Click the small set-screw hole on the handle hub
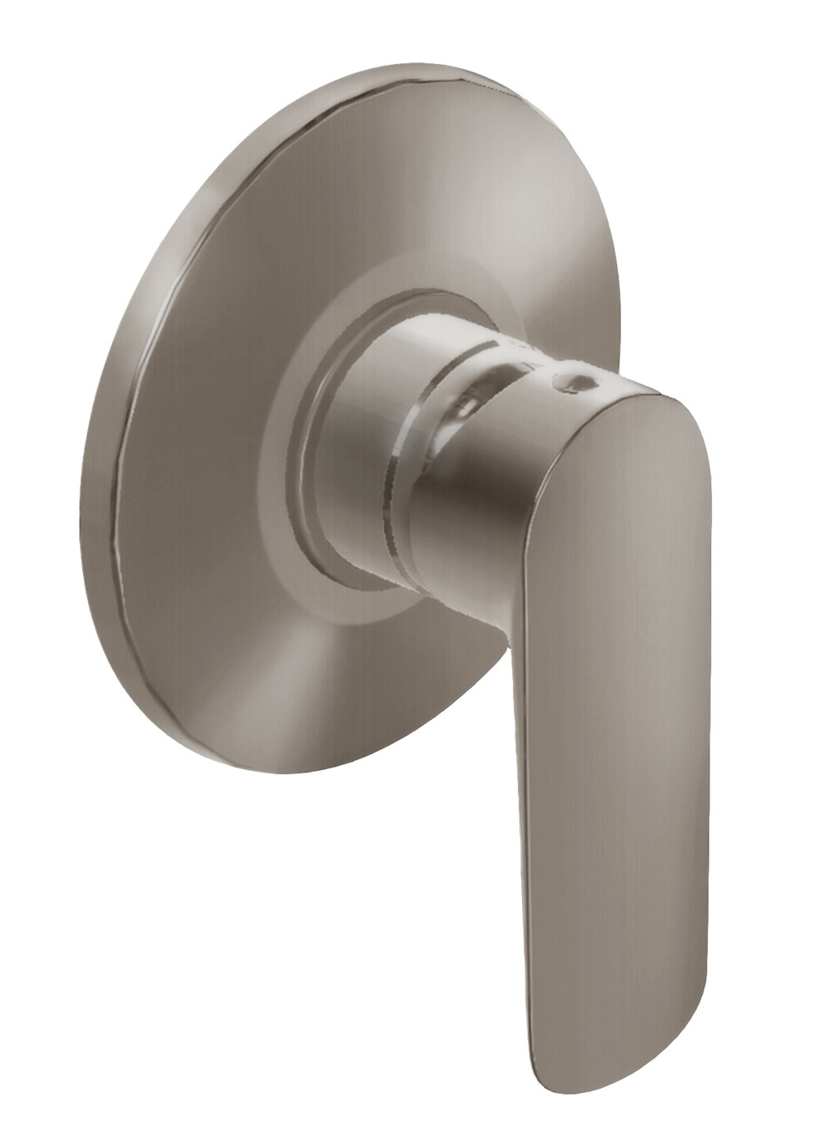574,384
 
